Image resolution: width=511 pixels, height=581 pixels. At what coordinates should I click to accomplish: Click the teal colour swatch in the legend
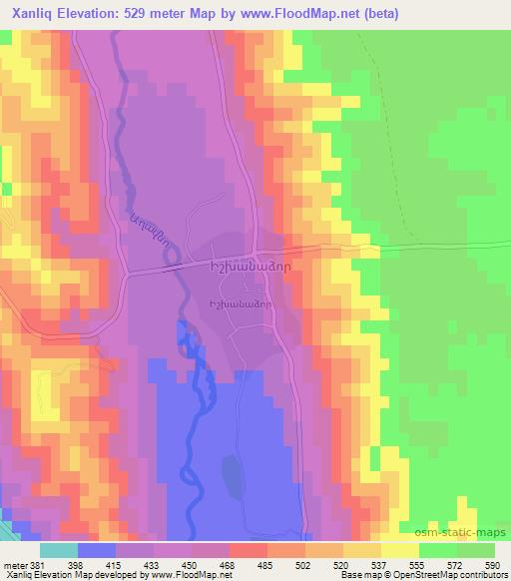pos(60,550)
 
